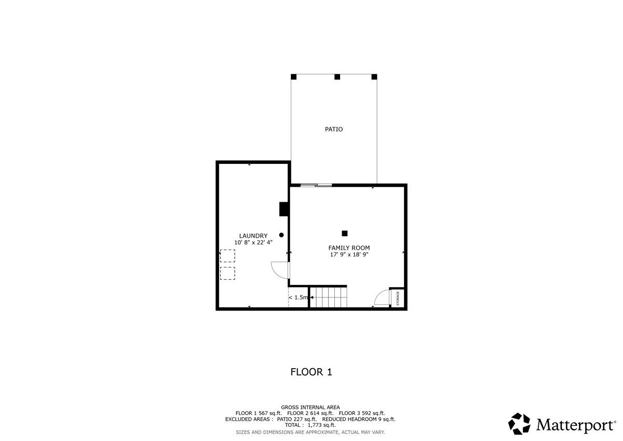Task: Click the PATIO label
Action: pos(334,129)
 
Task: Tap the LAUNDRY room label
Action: pos(253,236)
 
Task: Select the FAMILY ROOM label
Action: pos(349,248)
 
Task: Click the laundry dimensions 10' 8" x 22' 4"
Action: pos(253,243)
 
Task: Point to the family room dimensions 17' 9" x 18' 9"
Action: pos(349,255)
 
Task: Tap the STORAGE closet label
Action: pos(398,298)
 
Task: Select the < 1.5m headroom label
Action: pos(299,297)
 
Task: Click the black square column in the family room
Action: pos(344,234)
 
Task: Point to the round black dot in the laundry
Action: pos(281,235)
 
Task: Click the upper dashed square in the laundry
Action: pos(227,256)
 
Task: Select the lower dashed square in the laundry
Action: pos(227,274)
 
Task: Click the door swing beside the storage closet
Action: pos(383,297)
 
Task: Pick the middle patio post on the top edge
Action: pos(337,77)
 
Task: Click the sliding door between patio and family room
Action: pos(316,185)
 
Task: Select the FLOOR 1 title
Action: pos(311,372)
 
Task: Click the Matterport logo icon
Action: pos(519,424)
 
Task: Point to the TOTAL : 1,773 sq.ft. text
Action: pos(310,425)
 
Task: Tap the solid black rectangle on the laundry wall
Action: pos(284,209)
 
